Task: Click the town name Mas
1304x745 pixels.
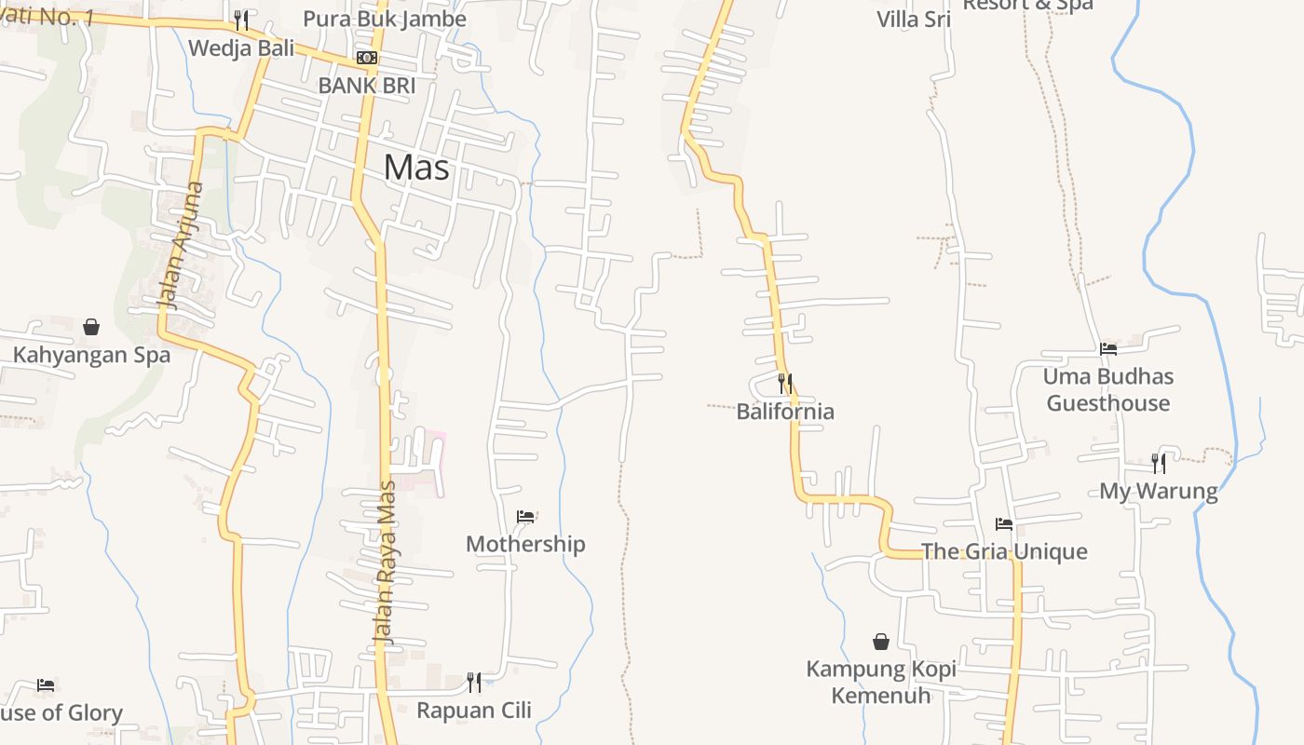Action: (x=416, y=168)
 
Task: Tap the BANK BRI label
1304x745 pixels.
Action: (x=366, y=86)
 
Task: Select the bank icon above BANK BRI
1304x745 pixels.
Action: (x=367, y=58)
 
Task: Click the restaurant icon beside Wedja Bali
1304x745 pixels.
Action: (x=241, y=20)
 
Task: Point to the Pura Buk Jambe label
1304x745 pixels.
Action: (x=384, y=19)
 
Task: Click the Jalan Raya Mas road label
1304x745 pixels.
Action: (x=385, y=562)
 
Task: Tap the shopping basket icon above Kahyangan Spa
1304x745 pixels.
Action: (x=91, y=327)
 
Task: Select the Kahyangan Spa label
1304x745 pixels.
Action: (x=91, y=355)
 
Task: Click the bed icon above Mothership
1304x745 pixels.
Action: (x=525, y=517)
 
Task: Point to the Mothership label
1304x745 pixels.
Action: (x=525, y=544)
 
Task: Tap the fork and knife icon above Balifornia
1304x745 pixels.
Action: (x=785, y=384)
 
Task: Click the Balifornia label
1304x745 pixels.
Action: (x=785, y=412)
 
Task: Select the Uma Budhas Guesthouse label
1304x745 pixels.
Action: (x=1107, y=390)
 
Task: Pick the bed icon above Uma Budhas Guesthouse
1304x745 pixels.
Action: (x=1107, y=349)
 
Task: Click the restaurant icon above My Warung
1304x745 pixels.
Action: (x=1159, y=463)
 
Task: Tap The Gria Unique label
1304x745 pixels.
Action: (x=1004, y=551)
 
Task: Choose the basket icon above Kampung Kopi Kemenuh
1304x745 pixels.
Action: (x=881, y=642)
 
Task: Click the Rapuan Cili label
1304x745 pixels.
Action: (x=474, y=711)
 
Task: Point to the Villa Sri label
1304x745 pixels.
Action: (x=913, y=19)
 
